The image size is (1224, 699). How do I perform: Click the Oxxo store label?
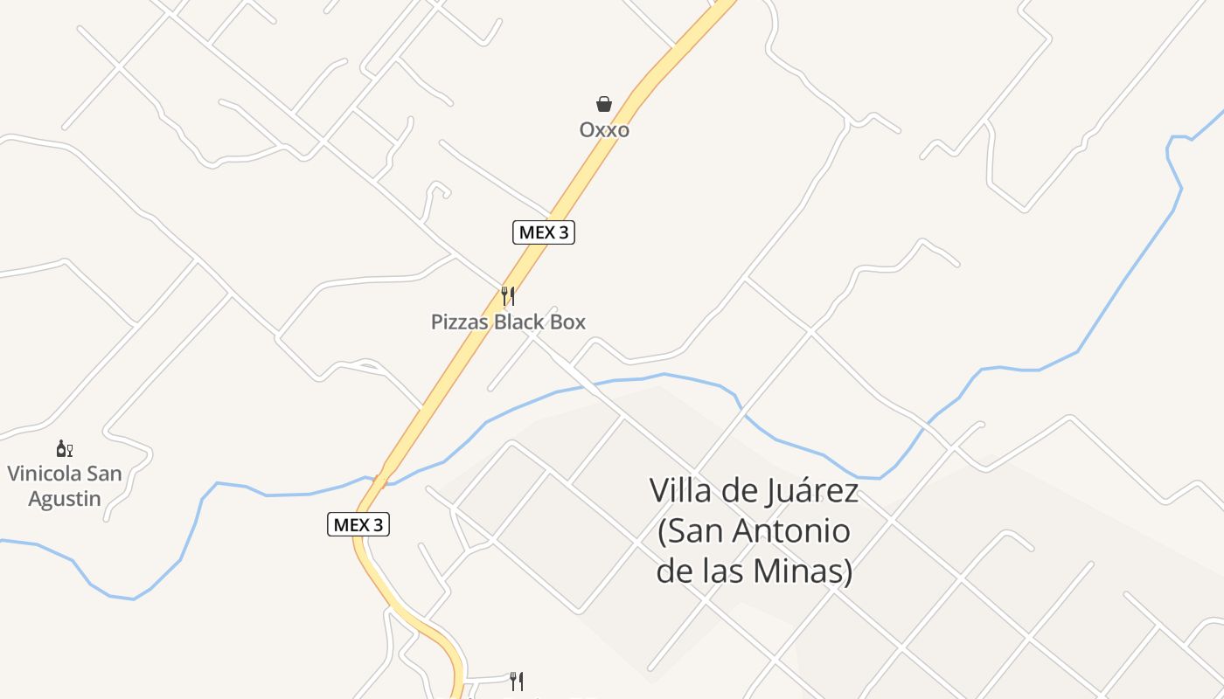(x=604, y=130)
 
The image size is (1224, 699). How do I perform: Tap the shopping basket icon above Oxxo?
(x=604, y=105)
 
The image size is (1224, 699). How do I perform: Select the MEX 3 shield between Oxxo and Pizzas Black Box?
(x=543, y=232)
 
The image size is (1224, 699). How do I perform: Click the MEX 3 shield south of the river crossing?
(x=358, y=524)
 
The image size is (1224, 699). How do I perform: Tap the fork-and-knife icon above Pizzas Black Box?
(x=508, y=296)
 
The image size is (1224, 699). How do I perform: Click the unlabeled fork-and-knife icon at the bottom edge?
(x=518, y=681)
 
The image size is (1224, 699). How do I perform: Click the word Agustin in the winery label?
(x=65, y=499)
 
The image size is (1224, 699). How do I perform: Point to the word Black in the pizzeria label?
(x=519, y=322)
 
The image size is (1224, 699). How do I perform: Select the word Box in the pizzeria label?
(x=567, y=322)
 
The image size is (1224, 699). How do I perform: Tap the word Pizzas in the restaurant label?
(x=460, y=322)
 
